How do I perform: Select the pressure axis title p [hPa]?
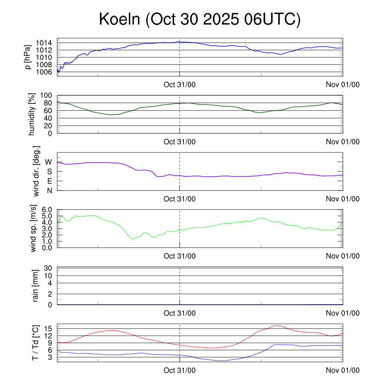[x=28, y=57]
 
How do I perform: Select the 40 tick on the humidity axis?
[x=51, y=118]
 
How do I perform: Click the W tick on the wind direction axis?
[x=49, y=162]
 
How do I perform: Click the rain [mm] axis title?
[x=36, y=286]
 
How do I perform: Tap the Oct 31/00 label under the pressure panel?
[x=180, y=84]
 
